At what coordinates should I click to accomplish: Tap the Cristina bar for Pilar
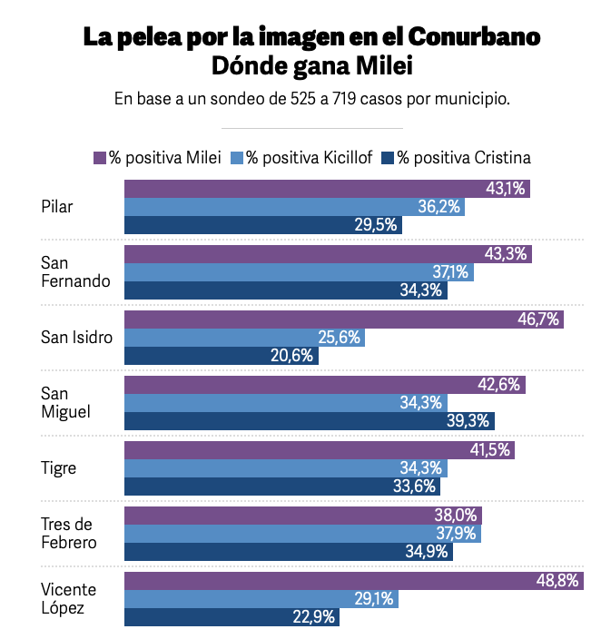[263, 225]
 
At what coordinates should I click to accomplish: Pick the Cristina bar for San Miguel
[309, 421]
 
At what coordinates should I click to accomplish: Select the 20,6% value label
[291, 356]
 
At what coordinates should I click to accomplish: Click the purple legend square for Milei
[100, 157]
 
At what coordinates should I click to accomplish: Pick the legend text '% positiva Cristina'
[463, 157]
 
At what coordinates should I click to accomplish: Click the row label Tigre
[59, 468]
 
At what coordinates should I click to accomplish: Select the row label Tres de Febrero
[69, 534]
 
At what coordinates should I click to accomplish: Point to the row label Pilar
[57, 207]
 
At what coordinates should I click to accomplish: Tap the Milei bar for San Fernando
[327, 254]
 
